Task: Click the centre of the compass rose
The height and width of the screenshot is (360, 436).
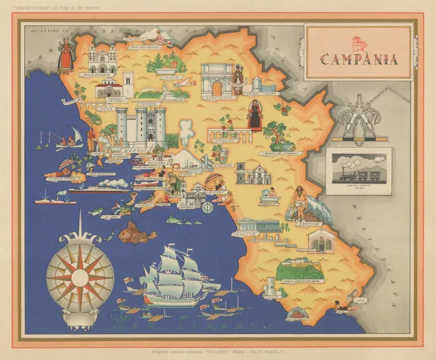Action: (80, 278)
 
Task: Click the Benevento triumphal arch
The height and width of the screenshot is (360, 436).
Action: (217, 78)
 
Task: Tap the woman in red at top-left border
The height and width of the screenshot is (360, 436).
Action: (66, 55)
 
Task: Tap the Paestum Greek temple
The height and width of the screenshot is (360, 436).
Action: (258, 225)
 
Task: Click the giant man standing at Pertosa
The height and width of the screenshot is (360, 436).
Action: (301, 203)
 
